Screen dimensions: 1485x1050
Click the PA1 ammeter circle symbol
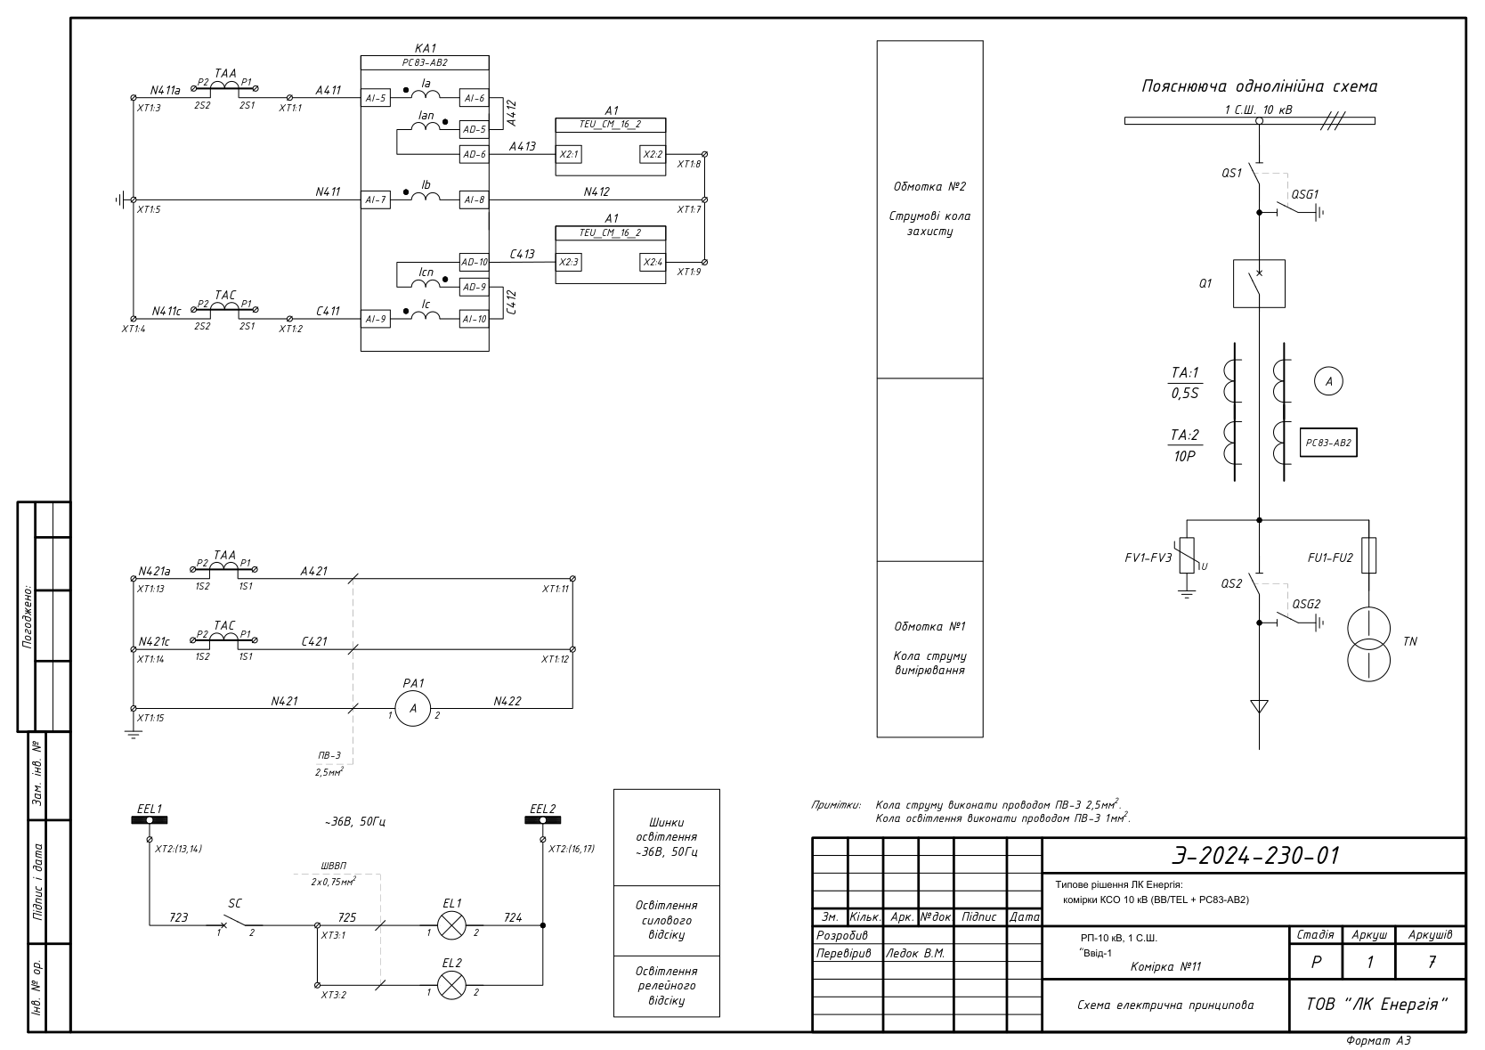(412, 708)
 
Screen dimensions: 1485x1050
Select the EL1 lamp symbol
(452, 925)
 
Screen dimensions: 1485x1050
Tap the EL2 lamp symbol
(452, 986)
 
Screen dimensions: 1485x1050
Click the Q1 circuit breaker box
(1259, 284)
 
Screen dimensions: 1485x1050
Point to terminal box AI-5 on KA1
(375, 98)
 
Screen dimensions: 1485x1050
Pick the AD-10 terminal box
(474, 262)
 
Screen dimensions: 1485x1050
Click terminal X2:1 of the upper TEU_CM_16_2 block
(568, 155)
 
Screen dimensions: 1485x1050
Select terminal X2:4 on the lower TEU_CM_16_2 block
(653, 262)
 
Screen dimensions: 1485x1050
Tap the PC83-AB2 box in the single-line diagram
(1328, 443)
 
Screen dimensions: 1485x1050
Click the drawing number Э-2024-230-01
(1255, 856)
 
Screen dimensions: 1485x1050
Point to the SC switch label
(235, 903)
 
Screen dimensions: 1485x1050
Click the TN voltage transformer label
(1409, 641)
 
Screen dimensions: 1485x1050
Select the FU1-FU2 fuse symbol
(1368, 555)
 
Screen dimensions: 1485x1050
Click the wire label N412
(596, 191)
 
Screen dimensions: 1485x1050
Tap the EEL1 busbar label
(150, 809)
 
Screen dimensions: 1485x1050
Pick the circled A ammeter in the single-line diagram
(1328, 381)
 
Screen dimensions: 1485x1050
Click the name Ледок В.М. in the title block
(915, 953)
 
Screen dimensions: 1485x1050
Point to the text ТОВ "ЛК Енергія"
(1376, 1005)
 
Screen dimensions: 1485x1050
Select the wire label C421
(313, 641)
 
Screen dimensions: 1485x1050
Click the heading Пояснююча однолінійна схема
(1259, 86)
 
